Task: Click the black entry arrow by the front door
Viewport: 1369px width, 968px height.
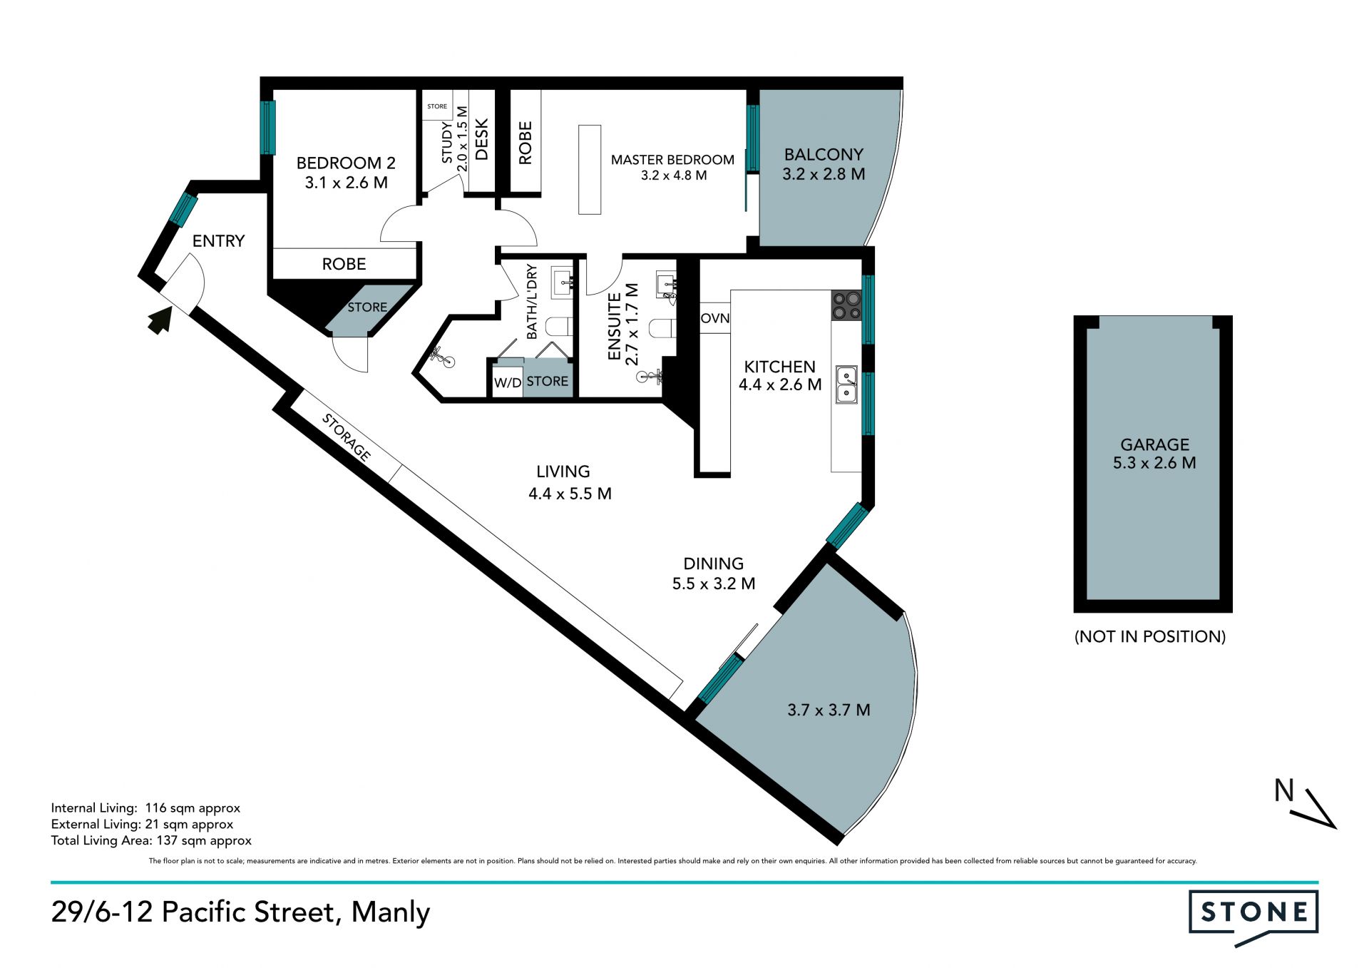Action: pos(160,320)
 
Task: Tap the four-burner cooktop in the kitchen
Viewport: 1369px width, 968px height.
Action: pos(847,305)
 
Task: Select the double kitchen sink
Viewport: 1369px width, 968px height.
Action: pos(847,384)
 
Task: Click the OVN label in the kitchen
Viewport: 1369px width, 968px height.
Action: pos(715,318)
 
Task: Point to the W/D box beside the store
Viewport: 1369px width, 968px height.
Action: pos(508,382)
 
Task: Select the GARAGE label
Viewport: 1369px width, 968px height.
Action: pos(1154,444)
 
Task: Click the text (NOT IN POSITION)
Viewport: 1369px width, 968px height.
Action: pos(1150,636)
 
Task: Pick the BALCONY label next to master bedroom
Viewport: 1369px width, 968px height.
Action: pos(824,155)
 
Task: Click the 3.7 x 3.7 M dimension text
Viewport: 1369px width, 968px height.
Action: pos(829,710)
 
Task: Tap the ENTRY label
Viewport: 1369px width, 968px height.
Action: pos(219,241)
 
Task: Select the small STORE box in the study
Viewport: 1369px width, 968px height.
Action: pos(437,106)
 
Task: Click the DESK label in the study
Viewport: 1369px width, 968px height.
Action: pos(482,140)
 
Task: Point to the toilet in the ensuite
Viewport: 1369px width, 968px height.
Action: pos(662,328)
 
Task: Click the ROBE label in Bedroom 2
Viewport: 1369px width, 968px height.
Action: pos(344,264)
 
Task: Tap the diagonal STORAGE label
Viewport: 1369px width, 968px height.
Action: pos(347,437)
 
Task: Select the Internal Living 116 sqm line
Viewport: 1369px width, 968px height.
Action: pos(145,808)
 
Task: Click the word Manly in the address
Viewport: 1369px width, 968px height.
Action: pos(391,912)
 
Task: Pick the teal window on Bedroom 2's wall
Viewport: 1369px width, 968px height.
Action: pos(268,128)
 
